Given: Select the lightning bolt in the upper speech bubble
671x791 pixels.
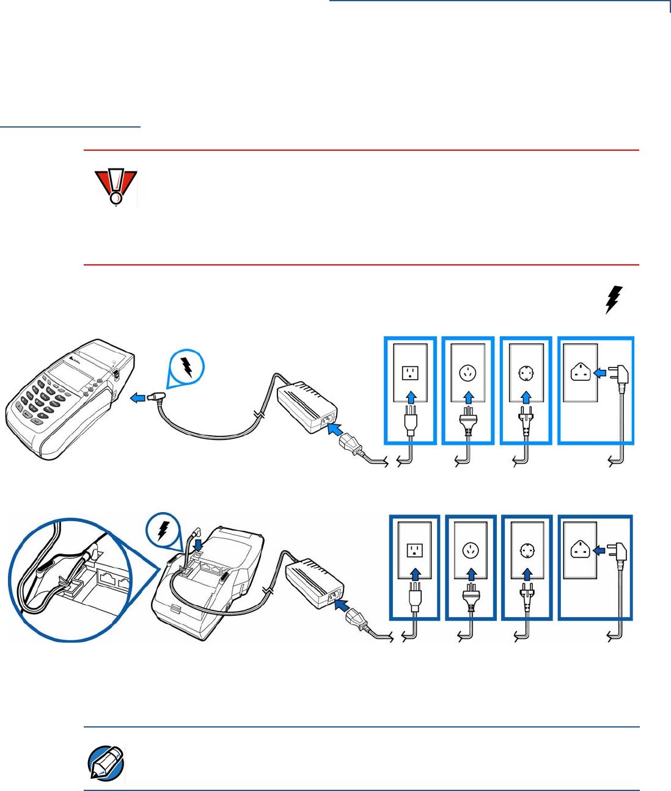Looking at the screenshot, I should point(187,367).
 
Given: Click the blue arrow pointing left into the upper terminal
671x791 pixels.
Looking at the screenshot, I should point(139,398).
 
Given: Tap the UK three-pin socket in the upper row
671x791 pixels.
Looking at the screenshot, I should point(581,372).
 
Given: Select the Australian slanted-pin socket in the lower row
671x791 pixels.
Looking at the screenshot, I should point(472,551).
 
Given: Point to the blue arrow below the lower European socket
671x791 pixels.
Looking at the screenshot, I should point(527,574).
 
